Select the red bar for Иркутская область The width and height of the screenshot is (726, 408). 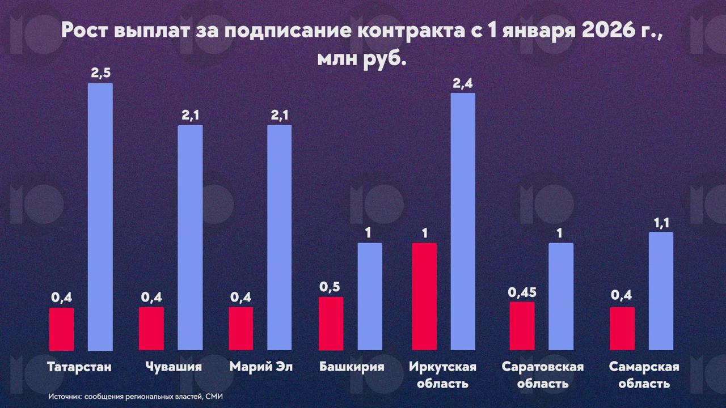pyautogui.click(x=425, y=296)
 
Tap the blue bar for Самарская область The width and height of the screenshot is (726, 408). pyautogui.click(x=661, y=291)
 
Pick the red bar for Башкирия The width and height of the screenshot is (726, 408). pyautogui.click(x=331, y=324)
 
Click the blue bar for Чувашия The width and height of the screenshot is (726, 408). pyautogui.click(x=190, y=237)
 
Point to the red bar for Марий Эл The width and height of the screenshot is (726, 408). pyautogui.click(x=241, y=329)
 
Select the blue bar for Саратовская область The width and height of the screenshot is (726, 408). pyautogui.click(x=561, y=296)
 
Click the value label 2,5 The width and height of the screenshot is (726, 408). pyautogui.click(x=100, y=73)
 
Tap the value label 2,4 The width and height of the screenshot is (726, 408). pyautogui.click(x=462, y=83)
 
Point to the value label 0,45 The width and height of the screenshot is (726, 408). pyautogui.click(x=522, y=292)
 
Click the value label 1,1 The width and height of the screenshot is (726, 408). pyautogui.click(x=661, y=223)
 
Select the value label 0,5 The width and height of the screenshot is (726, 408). pyautogui.click(x=331, y=287)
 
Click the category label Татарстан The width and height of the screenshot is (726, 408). pyautogui.click(x=80, y=367)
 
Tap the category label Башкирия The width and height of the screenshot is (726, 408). pyautogui.click(x=352, y=367)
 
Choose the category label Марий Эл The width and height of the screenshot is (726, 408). pyautogui.click(x=261, y=367)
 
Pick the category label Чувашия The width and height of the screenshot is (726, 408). pyautogui.click(x=173, y=367)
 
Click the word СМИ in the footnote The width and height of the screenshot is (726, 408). pyautogui.click(x=214, y=397)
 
